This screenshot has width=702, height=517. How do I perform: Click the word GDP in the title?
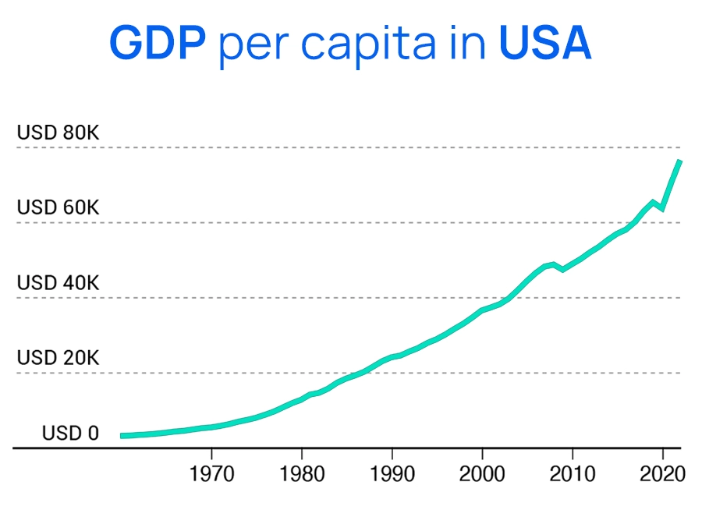click(x=158, y=43)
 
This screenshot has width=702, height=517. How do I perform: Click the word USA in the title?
click(x=545, y=43)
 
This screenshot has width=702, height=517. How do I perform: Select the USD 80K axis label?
click(x=58, y=133)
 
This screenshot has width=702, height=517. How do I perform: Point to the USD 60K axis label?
click(x=58, y=207)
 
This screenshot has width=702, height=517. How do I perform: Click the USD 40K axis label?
click(x=58, y=282)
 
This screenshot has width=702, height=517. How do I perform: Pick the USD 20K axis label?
click(x=58, y=358)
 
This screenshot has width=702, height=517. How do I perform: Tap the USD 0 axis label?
click(x=70, y=433)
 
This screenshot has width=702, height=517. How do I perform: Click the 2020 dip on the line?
click(x=662, y=208)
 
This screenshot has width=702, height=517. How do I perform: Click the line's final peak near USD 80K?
click(x=679, y=161)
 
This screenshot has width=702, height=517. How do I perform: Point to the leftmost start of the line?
click(x=122, y=435)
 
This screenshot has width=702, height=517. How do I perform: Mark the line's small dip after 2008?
click(x=562, y=269)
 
